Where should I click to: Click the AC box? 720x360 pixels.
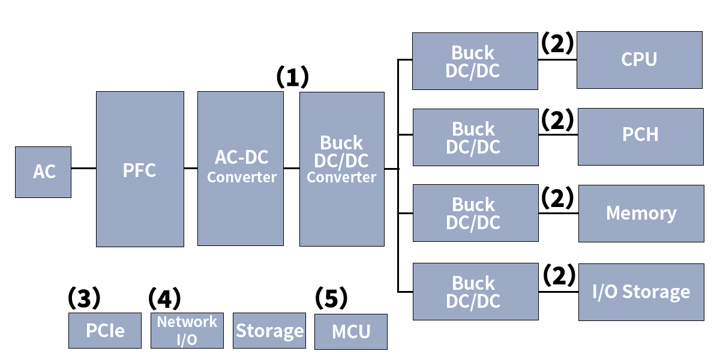click(43, 172)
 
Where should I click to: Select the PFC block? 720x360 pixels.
click(140, 169)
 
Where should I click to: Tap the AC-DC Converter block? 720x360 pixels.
click(241, 169)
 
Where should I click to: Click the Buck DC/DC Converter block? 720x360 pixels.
click(341, 169)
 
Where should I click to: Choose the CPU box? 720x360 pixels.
click(639, 59)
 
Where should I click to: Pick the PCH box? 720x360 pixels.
click(640, 136)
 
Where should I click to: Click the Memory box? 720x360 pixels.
click(641, 213)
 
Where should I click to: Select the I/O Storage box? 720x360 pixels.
click(641, 292)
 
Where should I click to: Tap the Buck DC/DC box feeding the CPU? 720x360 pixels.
click(475, 61)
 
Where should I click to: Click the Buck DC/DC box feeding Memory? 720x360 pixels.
click(475, 213)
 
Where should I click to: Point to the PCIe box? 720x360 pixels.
click(105, 331)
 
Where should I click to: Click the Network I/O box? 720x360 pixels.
click(187, 331)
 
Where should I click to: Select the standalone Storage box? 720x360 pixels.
click(269, 331)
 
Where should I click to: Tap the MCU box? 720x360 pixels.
click(351, 331)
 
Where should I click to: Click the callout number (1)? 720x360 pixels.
click(292, 77)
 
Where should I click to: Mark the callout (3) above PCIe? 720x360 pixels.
click(83, 297)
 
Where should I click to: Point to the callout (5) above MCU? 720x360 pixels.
click(331, 297)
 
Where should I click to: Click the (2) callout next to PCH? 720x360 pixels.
click(558, 121)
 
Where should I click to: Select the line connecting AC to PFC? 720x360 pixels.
click(83, 169)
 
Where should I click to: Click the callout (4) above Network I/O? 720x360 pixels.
click(164, 297)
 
